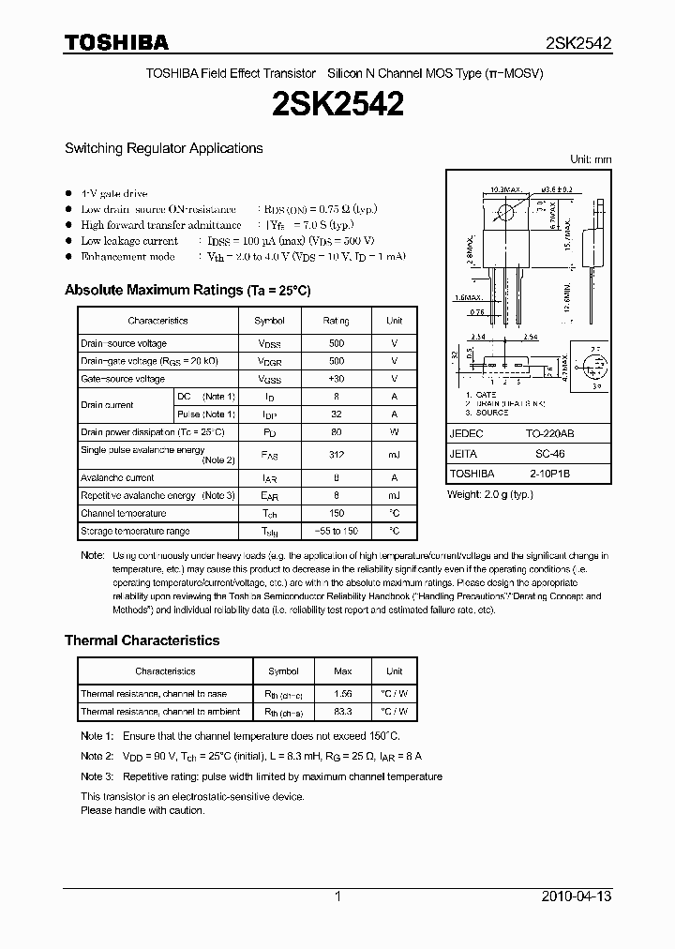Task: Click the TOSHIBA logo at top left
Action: [x=116, y=42]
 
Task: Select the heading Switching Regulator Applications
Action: [x=163, y=148]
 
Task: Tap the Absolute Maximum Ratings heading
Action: [x=187, y=290]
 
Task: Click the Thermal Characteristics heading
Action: [x=142, y=640]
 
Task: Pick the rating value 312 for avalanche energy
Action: [x=337, y=455]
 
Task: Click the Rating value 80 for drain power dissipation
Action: [x=337, y=432]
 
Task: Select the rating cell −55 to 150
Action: [x=337, y=531]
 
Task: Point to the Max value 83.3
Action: [x=343, y=712]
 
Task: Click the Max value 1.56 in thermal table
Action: [x=343, y=694]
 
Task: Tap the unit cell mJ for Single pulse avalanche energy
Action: [x=394, y=455]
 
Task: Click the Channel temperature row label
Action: [x=123, y=513]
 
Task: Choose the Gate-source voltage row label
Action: [x=122, y=379]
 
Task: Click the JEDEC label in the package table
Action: [x=466, y=435]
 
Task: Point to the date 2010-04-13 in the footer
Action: [x=577, y=896]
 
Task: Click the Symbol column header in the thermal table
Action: [x=283, y=671]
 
